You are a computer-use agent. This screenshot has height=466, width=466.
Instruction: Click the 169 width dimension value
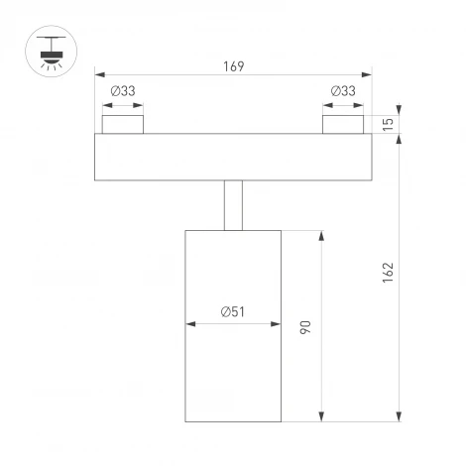(x=233, y=66)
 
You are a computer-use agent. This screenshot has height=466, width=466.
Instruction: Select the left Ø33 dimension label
(x=123, y=91)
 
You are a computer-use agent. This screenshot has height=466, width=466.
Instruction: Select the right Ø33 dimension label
(x=343, y=91)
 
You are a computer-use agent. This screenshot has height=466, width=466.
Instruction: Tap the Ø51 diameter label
(x=233, y=311)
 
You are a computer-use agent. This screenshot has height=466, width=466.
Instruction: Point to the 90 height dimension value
(x=307, y=325)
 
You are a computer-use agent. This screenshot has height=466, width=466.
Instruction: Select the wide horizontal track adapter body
(x=233, y=157)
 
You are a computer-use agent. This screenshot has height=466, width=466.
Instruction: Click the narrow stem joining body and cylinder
(x=233, y=205)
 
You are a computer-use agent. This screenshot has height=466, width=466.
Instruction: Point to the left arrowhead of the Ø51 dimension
(x=189, y=323)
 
